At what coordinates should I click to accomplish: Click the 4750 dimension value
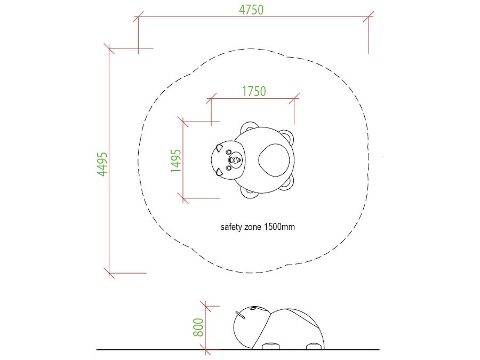click(x=251, y=10)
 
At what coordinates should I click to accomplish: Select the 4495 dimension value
click(x=102, y=164)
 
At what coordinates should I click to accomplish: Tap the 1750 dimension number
click(x=254, y=91)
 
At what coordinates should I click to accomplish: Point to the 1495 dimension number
click(x=175, y=161)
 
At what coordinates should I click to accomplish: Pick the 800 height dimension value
click(x=198, y=327)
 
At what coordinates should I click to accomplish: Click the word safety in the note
click(x=231, y=227)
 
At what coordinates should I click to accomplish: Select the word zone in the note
click(x=253, y=227)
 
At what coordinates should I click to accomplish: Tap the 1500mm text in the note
click(x=279, y=227)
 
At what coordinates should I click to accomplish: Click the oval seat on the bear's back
click(x=274, y=160)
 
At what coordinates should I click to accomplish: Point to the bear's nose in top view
click(x=235, y=159)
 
